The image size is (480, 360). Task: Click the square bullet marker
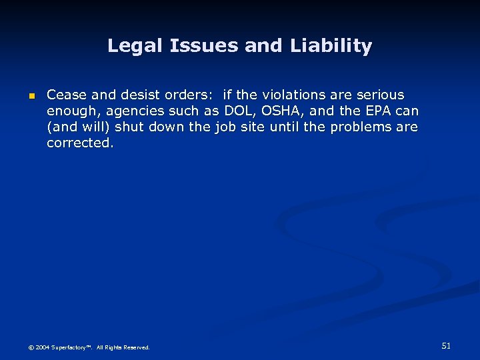[x=31, y=96]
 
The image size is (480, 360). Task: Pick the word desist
[x=131, y=95]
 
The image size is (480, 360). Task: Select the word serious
[x=380, y=95]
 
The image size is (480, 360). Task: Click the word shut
[x=130, y=127]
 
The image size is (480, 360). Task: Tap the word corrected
[x=80, y=143]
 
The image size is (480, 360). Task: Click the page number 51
[x=446, y=345]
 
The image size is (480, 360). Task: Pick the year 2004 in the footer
[x=43, y=347]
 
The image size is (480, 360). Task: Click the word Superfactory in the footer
[x=72, y=347]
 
